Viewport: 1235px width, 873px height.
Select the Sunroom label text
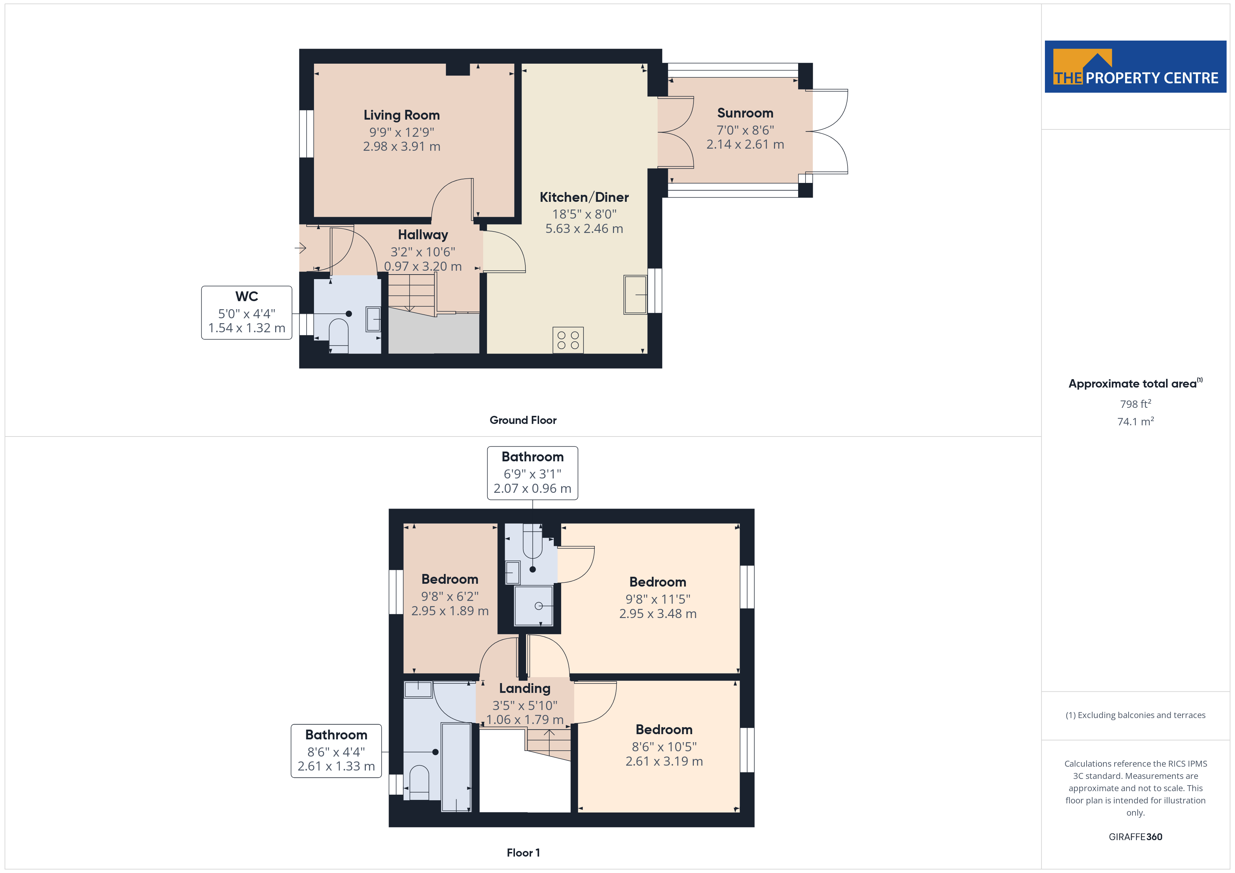click(745, 113)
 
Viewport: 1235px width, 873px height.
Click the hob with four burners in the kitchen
click(568, 340)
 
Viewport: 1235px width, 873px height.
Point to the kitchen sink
click(635, 294)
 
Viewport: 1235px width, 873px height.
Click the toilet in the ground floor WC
click(339, 335)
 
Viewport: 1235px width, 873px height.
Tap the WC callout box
click(246, 312)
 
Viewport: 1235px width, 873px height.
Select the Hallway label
click(423, 235)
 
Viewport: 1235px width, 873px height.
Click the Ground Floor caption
click(523, 420)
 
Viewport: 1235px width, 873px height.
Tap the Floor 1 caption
click(523, 853)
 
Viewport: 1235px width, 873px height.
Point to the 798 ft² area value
click(1136, 404)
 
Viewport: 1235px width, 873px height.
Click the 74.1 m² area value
click(1136, 421)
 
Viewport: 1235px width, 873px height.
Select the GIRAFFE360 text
click(1136, 837)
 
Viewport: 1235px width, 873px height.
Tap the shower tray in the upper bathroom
click(533, 606)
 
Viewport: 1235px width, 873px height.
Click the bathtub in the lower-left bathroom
click(456, 767)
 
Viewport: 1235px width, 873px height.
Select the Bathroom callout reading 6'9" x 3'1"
click(532, 473)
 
